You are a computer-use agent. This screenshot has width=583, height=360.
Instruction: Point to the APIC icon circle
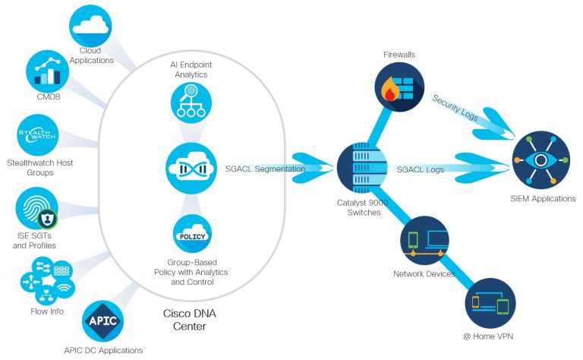click(x=102, y=320)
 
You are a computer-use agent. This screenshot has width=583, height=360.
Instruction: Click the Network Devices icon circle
click(x=424, y=242)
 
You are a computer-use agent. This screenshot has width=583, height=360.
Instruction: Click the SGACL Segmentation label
click(x=265, y=169)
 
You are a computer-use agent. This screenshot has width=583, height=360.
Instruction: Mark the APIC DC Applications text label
click(x=103, y=350)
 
